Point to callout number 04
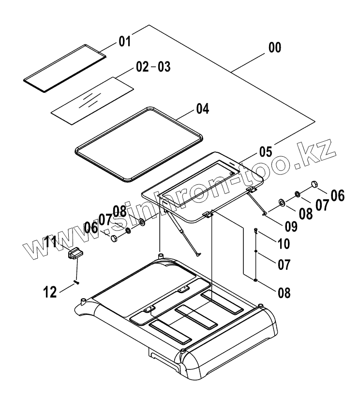point(202,109)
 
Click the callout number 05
point(265,152)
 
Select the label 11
point(52,242)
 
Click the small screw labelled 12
point(75,282)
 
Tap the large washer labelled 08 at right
point(281,201)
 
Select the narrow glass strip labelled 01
point(65,66)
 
